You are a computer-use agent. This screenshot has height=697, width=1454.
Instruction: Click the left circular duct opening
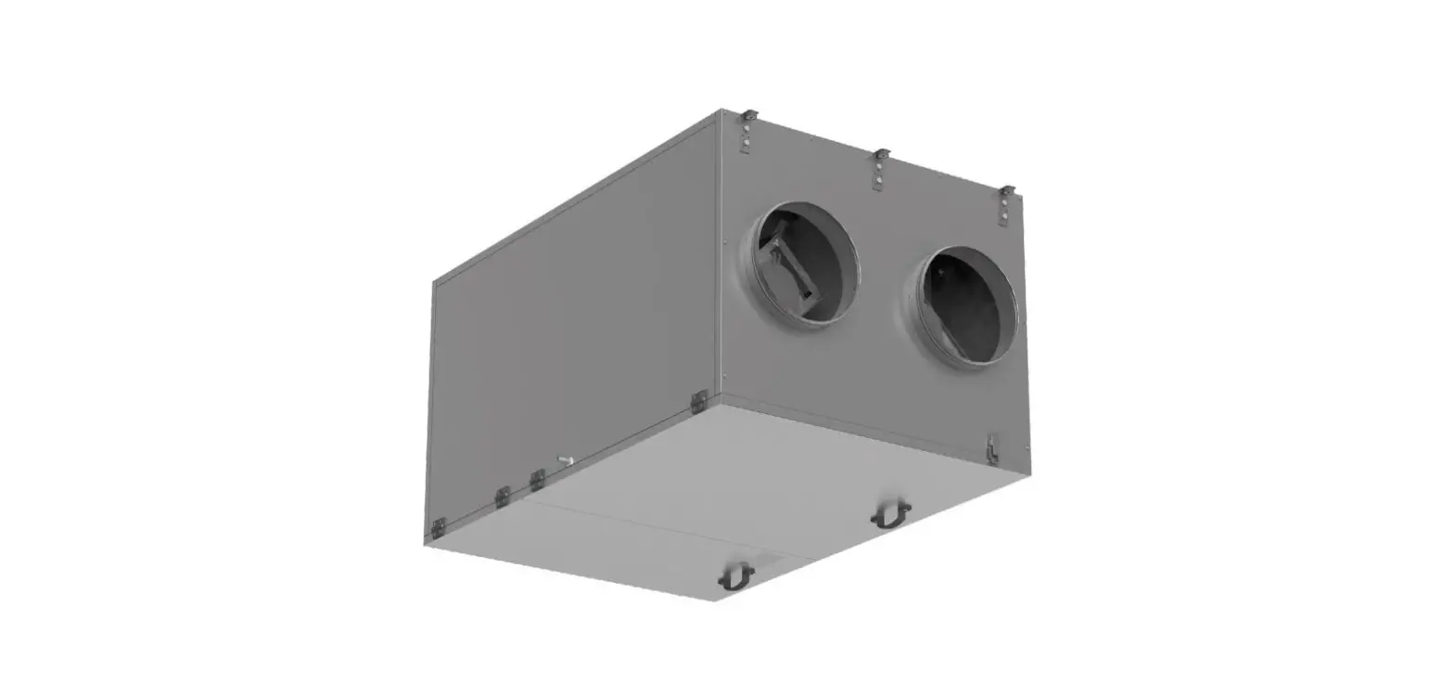803,264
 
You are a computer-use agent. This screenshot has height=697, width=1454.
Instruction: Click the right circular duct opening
963,306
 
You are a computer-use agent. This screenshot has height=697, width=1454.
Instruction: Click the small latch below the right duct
992,448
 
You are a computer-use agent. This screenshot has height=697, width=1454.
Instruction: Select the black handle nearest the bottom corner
736,576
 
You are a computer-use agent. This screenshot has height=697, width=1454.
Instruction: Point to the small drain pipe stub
565,459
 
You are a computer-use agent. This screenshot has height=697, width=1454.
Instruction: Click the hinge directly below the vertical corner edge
699,401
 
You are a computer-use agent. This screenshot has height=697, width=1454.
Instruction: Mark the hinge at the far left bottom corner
438,528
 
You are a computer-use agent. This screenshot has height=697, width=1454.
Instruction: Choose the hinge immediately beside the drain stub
537,479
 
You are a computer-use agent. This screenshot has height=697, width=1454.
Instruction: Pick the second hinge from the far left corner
502,497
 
